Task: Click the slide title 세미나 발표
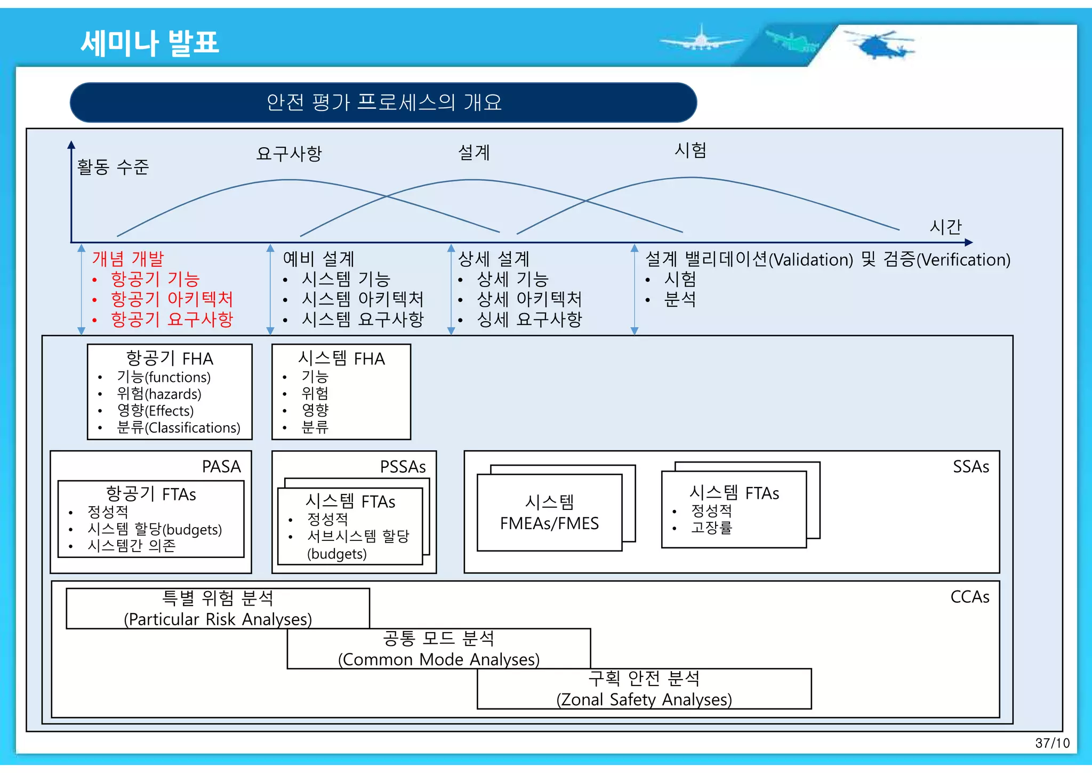[150, 43]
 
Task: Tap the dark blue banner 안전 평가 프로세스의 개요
[383, 102]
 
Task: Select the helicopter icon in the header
[880, 44]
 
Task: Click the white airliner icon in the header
[701, 39]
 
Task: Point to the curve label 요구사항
[289, 154]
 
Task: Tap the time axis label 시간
[945, 227]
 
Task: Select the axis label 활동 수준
[113, 167]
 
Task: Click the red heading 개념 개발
[128, 259]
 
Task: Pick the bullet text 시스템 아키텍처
[362, 299]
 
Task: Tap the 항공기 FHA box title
[170, 358]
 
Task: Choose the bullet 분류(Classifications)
[178, 428]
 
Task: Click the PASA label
[221, 467]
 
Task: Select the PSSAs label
[403, 467]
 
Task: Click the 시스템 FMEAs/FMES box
[549, 513]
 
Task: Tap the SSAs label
[970, 467]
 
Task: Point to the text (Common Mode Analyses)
[439, 659]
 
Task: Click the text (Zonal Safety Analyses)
[644, 699]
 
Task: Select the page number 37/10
[1052, 743]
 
